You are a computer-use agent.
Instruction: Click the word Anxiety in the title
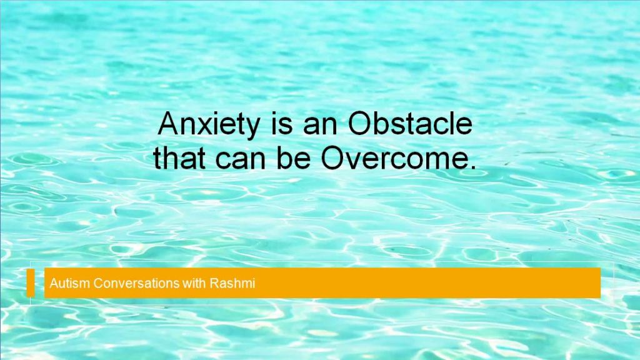coord(209,125)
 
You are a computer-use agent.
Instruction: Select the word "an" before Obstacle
coord(320,126)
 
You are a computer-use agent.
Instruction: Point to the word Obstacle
coord(410,123)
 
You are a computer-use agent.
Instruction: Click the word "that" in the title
coord(179,157)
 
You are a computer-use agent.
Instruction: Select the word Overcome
coord(392,157)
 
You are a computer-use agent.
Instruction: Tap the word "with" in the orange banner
coord(194,283)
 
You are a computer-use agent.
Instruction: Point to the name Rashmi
coord(232,283)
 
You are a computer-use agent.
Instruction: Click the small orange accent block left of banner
coord(31,282)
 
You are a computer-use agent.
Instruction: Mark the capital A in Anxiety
coord(168,123)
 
